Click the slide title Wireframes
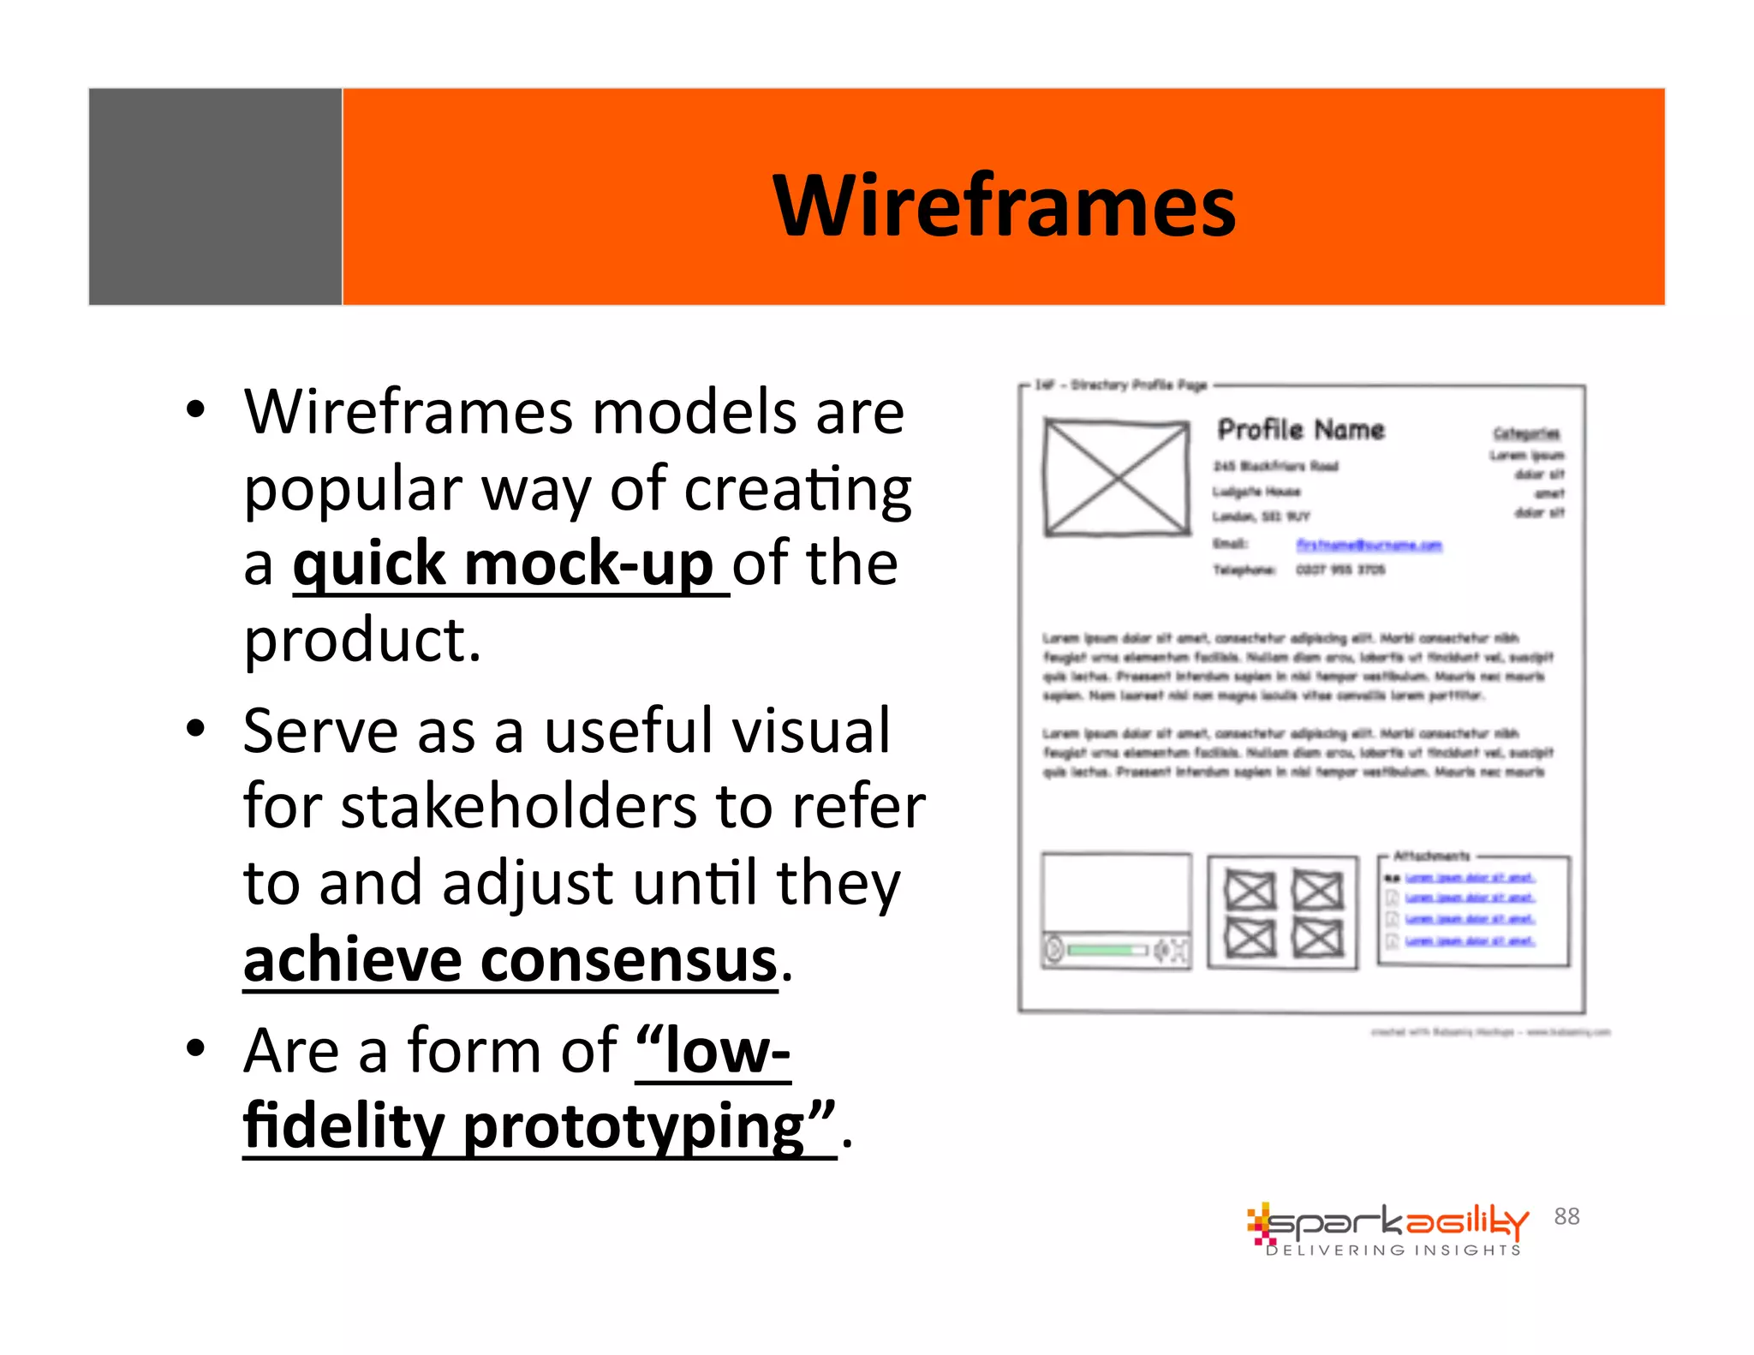tap(1004, 206)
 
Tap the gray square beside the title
tap(215, 196)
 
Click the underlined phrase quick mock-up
tap(504, 564)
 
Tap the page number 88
tap(1566, 1216)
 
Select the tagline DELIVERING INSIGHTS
tap(1393, 1251)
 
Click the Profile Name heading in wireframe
tap(1300, 429)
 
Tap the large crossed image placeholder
tap(1117, 477)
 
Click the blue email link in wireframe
tap(1368, 545)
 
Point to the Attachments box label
tap(1431, 856)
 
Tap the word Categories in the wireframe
tap(1526, 433)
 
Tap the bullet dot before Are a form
tap(196, 1047)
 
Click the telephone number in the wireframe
tap(1339, 570)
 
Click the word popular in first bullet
tap(353, 490)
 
